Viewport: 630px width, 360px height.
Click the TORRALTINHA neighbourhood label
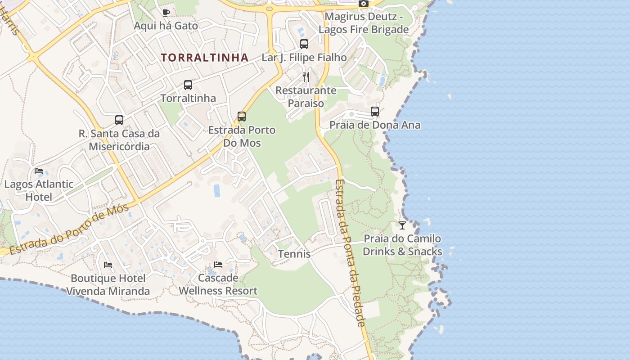click(205, 58)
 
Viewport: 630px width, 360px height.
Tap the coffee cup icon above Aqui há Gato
click(166, 13)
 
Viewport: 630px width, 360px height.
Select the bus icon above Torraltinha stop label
click(188, 85)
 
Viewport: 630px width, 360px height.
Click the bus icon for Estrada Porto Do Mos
click(242, 117)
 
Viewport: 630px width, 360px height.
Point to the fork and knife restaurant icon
click(306, 77)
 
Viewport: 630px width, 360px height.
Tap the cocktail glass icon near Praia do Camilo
click(402, 225)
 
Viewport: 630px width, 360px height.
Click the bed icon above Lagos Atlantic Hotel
click(39, 171)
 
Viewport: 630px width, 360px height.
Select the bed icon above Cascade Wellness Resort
click(218, 265)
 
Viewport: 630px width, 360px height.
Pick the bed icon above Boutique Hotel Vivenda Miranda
click(108, 265)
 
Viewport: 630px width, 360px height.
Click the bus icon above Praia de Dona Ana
click(375, 112)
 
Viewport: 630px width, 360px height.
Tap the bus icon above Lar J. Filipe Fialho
click(304, 44)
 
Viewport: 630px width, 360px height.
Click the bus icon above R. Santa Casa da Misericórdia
click(119, 120)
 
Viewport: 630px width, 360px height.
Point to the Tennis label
click(294, 254)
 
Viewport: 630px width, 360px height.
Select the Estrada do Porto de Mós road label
click(69, 229)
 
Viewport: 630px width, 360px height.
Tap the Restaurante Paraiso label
click(306, 97)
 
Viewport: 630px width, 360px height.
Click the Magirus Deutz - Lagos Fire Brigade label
click(364, 23)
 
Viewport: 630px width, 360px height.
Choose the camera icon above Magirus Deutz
click(364, 4)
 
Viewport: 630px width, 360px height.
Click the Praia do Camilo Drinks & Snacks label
click(402, 245)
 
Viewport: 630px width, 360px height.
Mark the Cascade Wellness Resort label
click(218, 284)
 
